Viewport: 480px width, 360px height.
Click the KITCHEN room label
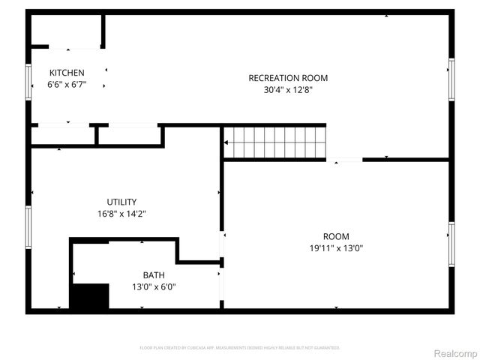(67, 72)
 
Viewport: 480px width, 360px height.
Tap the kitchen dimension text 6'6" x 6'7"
(67, 85)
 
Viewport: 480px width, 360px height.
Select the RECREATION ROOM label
(288, 78)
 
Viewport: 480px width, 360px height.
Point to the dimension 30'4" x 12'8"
(288, 90)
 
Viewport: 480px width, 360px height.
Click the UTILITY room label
(121, 202)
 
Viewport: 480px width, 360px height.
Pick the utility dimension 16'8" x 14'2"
(121, 214)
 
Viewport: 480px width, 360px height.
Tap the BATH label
(154, 274)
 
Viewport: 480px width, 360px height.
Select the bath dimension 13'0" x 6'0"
(154, 286)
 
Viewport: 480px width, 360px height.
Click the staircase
(276, 142)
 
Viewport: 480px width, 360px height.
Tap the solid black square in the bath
(89, 296)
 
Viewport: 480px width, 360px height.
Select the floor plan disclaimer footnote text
(240, 348)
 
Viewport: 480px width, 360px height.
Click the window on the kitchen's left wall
(28, 81)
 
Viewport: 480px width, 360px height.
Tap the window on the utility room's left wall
(28, 227)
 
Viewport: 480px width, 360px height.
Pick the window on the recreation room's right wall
(451, 79)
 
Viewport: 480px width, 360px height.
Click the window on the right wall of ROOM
(451, 244)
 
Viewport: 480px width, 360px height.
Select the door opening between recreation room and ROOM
(345, 160)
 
